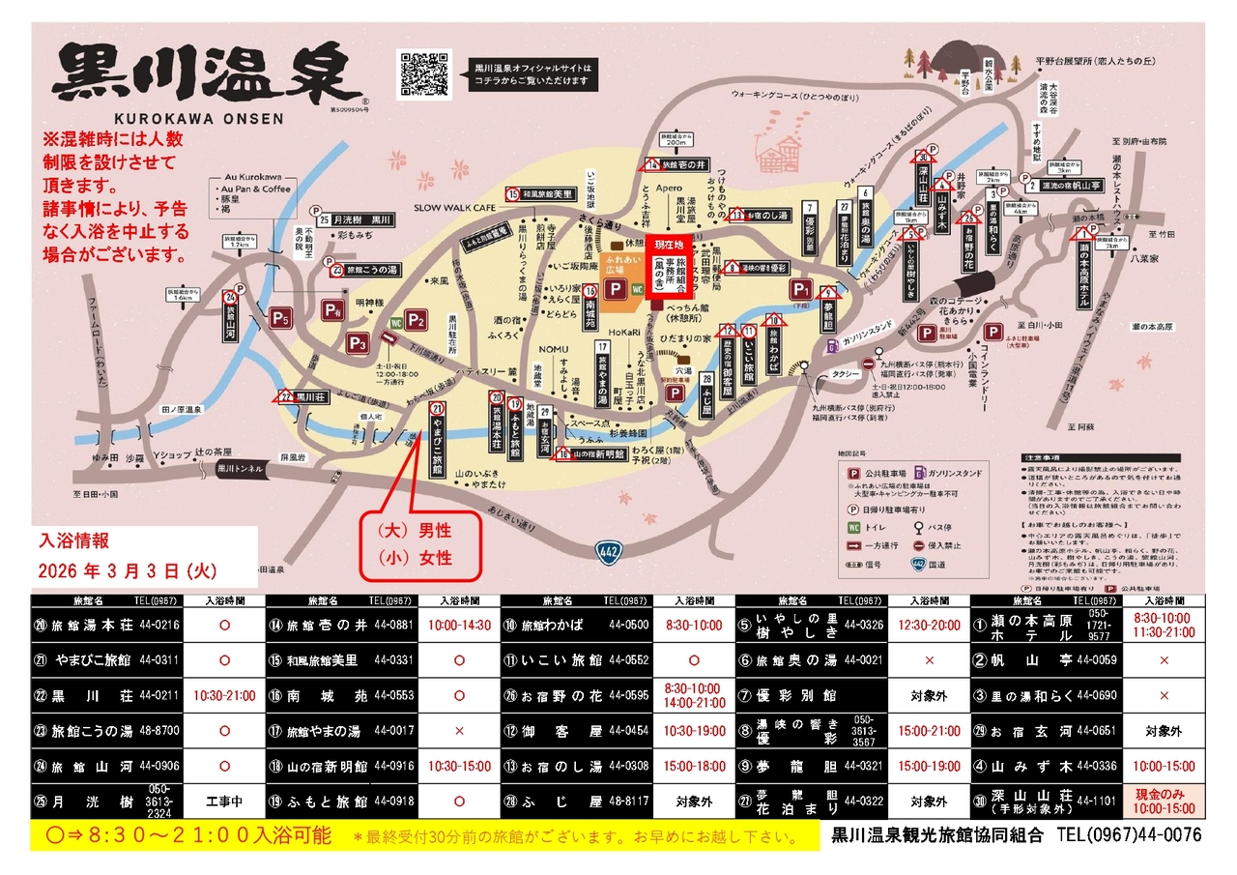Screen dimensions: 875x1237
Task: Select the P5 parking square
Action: point(280,317)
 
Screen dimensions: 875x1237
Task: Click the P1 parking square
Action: point(800,289)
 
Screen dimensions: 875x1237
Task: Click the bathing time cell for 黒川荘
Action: point(224,695)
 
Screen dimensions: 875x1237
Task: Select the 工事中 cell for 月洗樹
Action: point(224,801)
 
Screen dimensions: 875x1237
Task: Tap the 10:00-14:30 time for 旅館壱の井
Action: point(459,625)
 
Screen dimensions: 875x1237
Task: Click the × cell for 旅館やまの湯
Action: point(459,731)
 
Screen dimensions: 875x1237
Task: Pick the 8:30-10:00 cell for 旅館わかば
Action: point(694,625)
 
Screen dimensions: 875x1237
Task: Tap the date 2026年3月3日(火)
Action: point(129,569)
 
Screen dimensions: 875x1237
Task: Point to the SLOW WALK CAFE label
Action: point(454,208)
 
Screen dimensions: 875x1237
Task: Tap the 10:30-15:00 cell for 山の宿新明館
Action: point(459,766)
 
